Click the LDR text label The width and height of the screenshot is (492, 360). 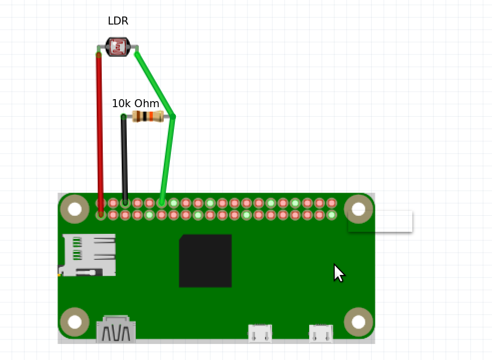(118, 21)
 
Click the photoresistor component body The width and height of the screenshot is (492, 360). (118, 47)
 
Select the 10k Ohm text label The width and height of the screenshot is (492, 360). (135, 104)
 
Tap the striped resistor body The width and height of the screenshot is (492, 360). (148, 117)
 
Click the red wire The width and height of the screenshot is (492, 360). (100, 130)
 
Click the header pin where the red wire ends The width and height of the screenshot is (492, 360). (101, 215)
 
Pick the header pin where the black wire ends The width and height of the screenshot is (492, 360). (125, 203)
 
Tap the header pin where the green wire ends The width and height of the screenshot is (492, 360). (161, 203)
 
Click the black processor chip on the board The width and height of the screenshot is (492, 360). (205, 260)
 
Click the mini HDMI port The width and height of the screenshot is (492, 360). (116, 329)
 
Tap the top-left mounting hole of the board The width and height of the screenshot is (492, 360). (75, 209)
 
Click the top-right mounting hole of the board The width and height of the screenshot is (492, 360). (359, 209)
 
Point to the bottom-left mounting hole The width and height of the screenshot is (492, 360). (75, 321)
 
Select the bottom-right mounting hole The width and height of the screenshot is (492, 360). (359, 321)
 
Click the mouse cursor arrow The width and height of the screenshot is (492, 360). (338, 273)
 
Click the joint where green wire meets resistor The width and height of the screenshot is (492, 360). (173, 117)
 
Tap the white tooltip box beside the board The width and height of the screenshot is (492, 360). (393, 221)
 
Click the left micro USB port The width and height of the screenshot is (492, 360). (260, 333)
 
